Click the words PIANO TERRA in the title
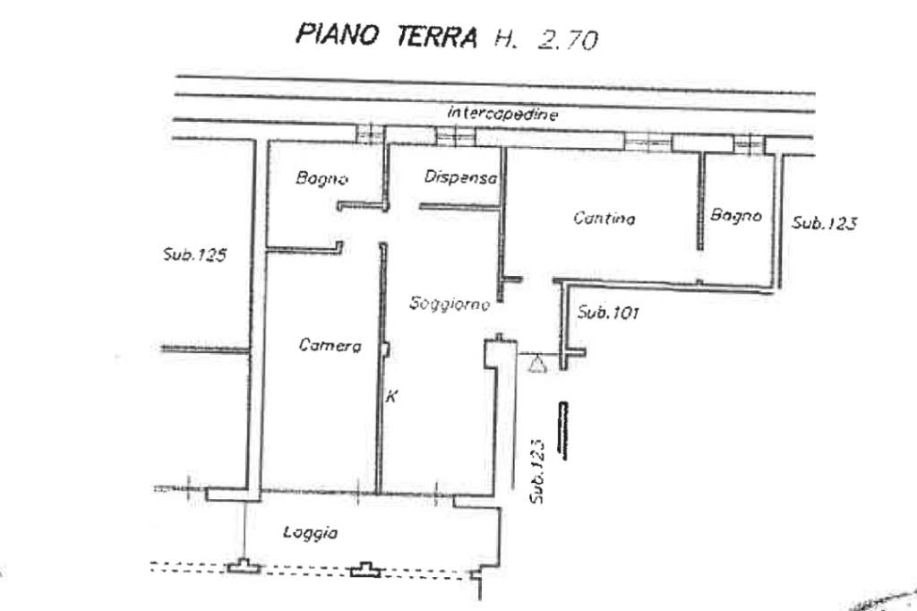(386, 35)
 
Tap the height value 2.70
(567, 39)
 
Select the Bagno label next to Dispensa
(321, 178)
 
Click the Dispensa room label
(461, 176)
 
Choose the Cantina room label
(604, 219)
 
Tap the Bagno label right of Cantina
(736, 215)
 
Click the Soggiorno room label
(450, 304)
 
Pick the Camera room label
(330, 345)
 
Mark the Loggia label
(311, 532)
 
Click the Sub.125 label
(194, 254)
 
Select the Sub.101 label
(608, 313)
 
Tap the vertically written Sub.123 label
(537, 471)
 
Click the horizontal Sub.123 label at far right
(825, 223)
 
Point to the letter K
(391, 396)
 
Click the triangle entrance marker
(537, 364)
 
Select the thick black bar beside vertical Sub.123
(563, 430)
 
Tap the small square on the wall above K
(385, 349)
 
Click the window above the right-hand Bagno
(750, 144)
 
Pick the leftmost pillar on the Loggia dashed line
(244, 566)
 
